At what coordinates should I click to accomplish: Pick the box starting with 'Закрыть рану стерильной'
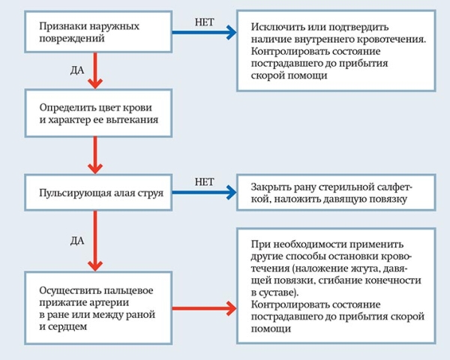337,192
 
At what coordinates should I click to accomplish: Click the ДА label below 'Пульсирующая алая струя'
76,240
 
